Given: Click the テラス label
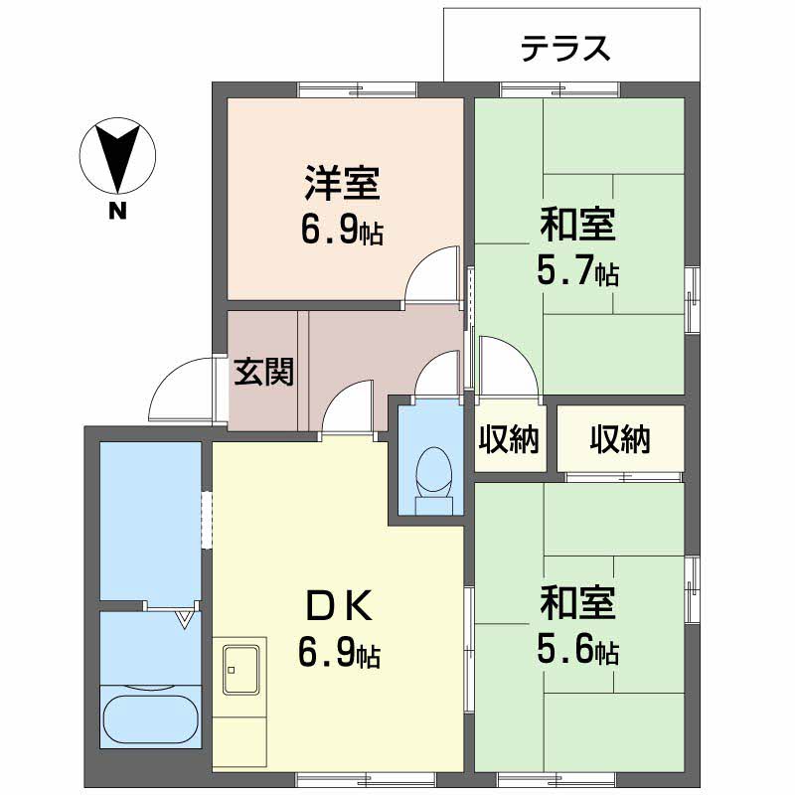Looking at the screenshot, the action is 565,48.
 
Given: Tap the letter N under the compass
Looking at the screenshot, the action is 117,211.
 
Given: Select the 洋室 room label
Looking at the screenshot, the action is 342,183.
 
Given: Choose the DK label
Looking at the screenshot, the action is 340,606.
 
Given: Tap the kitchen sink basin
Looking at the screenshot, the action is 241,669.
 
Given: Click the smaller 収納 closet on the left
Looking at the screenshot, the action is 509,438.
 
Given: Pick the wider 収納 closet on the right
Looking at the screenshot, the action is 620,438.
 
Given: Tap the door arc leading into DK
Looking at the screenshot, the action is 340,392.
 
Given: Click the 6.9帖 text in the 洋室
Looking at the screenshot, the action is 342,231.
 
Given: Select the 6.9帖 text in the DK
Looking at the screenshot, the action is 339,654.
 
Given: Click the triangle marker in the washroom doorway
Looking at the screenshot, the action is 185,619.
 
